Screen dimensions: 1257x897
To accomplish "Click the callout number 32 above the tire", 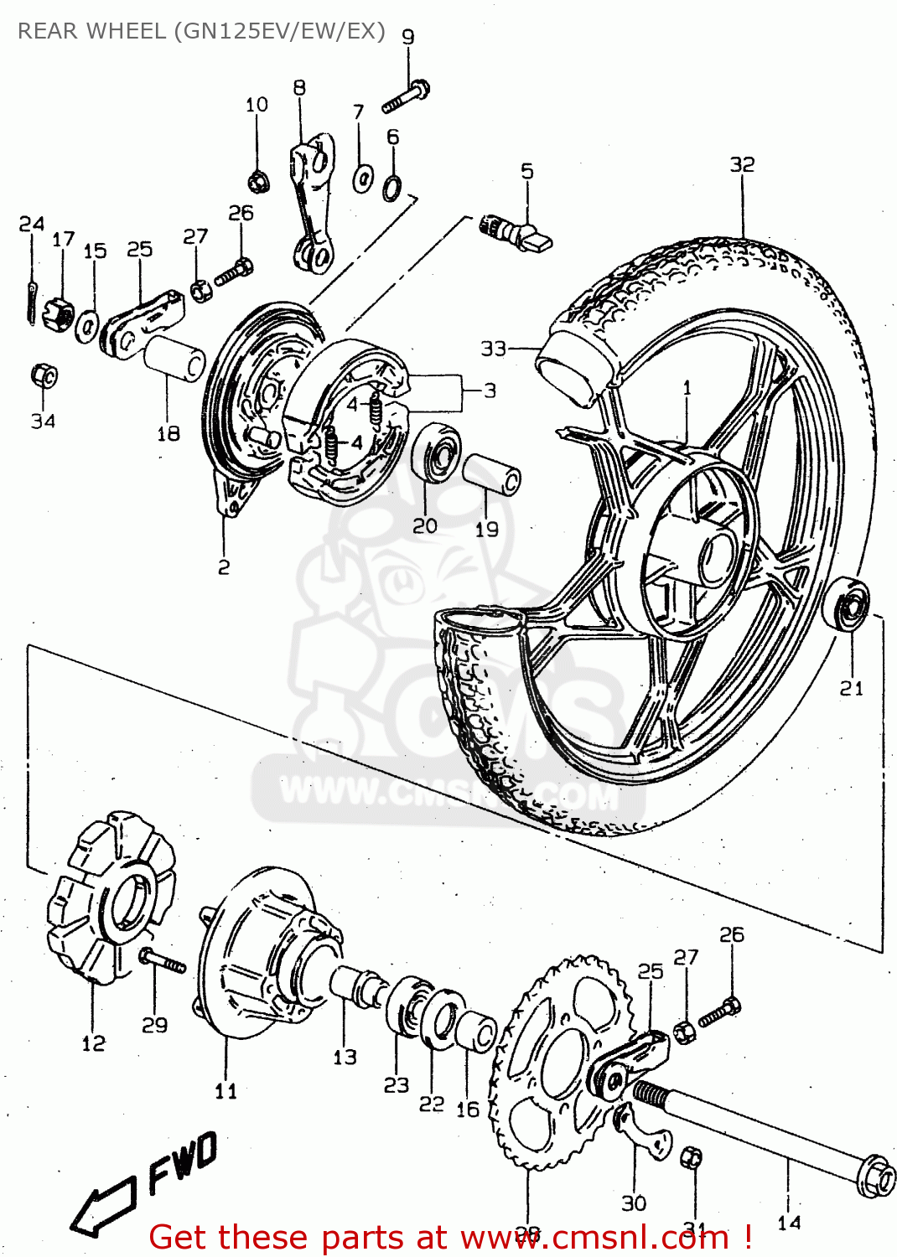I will pyautogui.click(x=742, y=164).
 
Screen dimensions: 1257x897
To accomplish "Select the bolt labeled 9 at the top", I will pyautogui.click(x=407, y=96).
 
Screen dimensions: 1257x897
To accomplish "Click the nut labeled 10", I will pyautogui.click(x=257, y=179).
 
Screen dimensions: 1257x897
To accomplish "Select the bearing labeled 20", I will pyautogui.click(x=437, y=452).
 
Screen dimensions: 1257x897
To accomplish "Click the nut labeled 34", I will pyautogui.click(x=44, y=376).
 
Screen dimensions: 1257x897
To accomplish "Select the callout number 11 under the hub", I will pyautogui.click(x=226, y=1090).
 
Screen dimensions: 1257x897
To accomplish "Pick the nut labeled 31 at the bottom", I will pyautogui.click(x=692, y=1158).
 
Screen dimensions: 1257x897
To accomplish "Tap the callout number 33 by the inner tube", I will pyautogui.click(x=493, y=348).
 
